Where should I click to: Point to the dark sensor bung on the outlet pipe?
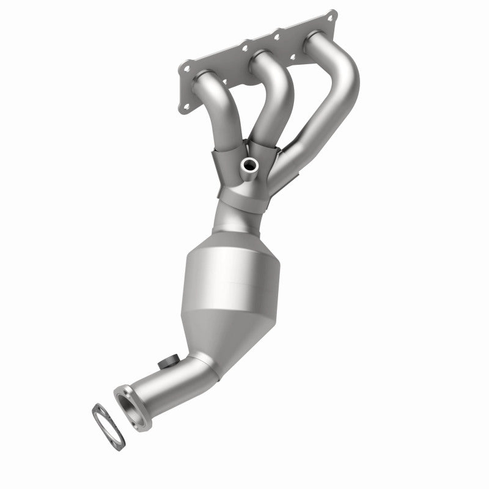tap(164, 362)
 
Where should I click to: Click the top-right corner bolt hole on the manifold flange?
tap(331, 16)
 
